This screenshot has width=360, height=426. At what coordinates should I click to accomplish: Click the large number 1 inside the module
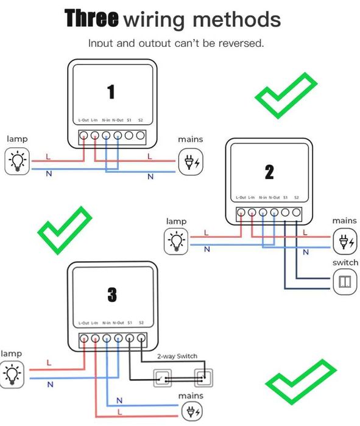click(111, 92)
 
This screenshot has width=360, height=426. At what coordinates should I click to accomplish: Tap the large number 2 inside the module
click(269, 172)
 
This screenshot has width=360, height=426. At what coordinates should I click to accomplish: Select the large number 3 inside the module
click(111, 295)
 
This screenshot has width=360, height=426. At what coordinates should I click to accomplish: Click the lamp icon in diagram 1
click(17, 161)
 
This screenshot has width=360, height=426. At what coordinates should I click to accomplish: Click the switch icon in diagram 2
click(345, 282)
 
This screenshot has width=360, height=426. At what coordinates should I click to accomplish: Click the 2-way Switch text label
click(177, 357)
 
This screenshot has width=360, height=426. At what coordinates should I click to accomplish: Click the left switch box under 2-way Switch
click(163, 379)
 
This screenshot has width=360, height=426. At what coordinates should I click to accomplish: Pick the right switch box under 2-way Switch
click(203, 379)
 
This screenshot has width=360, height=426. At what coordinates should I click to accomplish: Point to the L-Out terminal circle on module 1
click(84, 135)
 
